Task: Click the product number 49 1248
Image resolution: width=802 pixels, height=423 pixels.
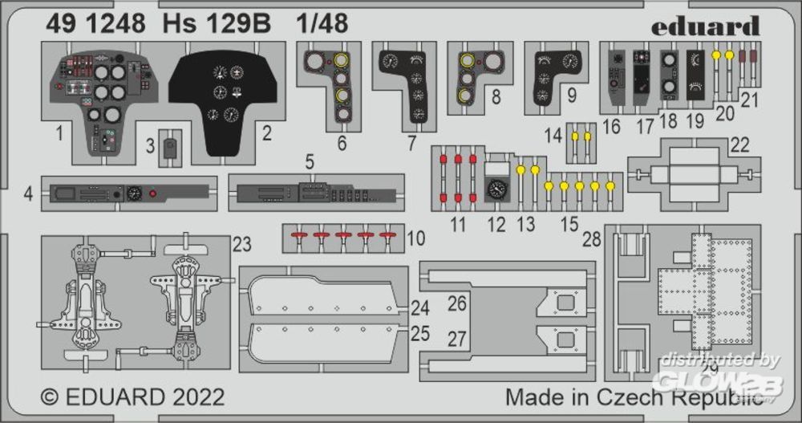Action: point(95,24)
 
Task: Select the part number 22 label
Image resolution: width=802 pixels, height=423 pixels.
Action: point(739,144)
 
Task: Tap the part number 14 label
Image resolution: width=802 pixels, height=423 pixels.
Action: point(553,136)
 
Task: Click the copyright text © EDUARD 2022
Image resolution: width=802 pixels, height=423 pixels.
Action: point(133,397)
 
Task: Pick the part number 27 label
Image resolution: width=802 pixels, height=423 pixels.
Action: point(456,339)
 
